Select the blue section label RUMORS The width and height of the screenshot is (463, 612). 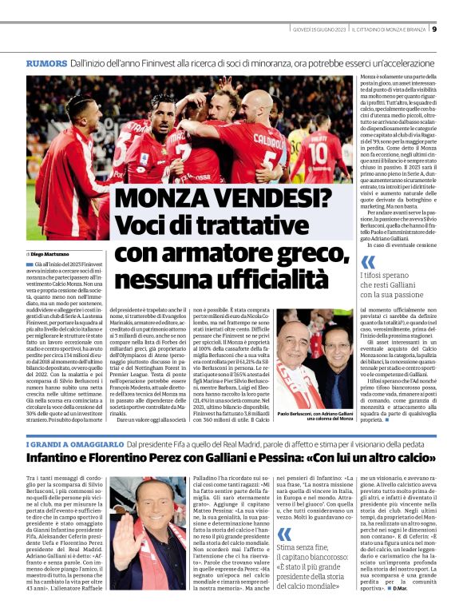pyautogui.click(x=46, y=62)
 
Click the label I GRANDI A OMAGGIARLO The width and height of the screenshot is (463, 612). pyautogui.click(x=63, y=443)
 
